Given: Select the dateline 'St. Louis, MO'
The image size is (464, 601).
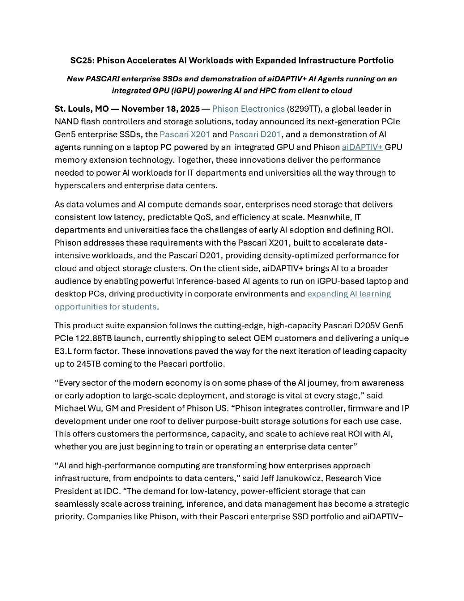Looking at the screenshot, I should click(x=82, y=109).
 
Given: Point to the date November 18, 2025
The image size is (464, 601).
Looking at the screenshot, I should click(x=160, y=109).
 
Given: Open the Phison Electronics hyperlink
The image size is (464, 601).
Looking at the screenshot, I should click(x=248, y=109).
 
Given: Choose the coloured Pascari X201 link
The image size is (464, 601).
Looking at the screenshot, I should click(x=185, y=135).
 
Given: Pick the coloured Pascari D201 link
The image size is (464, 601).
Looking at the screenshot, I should click(x=254, y=135).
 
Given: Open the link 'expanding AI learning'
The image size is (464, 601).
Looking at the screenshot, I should click(x=349, y=294).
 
